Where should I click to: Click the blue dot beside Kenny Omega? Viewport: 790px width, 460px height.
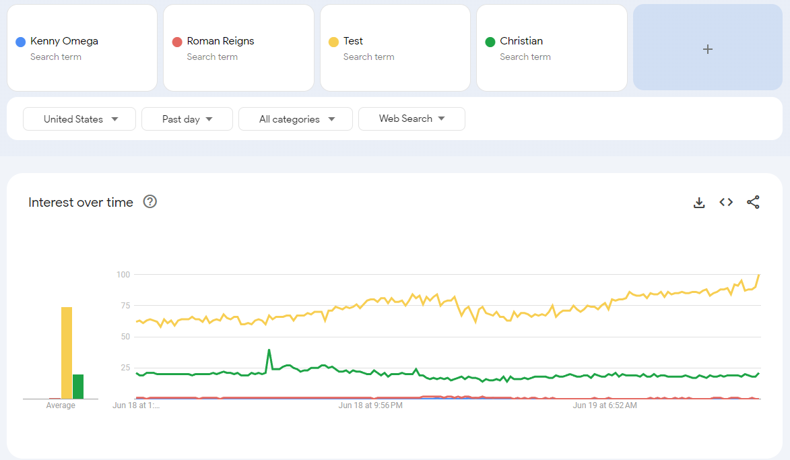coord(20,42)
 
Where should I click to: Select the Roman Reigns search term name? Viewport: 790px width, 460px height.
coord(221,41)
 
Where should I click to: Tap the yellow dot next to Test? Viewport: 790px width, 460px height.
coord(333,42)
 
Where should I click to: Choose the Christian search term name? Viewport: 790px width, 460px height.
coord(521,41)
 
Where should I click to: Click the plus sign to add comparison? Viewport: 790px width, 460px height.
coord(707,49)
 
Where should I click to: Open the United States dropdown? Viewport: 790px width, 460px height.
coord(79,119)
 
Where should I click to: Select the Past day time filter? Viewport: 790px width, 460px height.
coord(187,119)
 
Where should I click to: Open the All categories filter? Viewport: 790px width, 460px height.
coord(296,119)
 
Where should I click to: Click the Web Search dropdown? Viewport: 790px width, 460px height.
coord(412,119)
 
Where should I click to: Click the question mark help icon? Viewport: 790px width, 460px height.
coord(150,201)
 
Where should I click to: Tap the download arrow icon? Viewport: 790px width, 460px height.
coord(699,203)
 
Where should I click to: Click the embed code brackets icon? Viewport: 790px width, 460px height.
coord(726,202)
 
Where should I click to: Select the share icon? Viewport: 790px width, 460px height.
coord(753,202)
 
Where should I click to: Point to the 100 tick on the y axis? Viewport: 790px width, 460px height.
coord(123,275)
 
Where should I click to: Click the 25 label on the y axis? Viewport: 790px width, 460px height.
coord(125,368)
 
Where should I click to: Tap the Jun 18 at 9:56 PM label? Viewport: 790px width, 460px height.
coord(370,405)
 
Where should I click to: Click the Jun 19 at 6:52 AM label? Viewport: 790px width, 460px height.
coord(605,405)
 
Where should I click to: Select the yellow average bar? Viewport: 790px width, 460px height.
coord(67,353)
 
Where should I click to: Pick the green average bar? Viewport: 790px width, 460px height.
coord(78,387)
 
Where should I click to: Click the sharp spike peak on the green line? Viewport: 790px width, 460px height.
coord(269,350)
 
